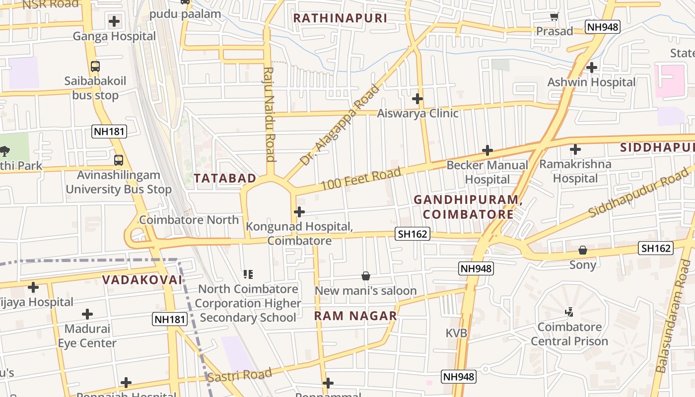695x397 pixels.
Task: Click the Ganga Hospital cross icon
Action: click(x=114, y=21)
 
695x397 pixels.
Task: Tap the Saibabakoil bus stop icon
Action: click(x=95, y=66)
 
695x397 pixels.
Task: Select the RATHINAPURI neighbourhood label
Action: click(x=340, y=18)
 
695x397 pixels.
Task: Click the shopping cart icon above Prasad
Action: click(x=555, y=17)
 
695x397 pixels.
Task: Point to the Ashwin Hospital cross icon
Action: click(x=591, y=67)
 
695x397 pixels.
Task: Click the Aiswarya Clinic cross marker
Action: click(x=417, y=99)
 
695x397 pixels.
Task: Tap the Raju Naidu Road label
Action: click(x=270, y=114)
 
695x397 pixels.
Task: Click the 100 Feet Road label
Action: click(x=360, y=179)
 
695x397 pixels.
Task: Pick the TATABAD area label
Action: click(x=225, y=178)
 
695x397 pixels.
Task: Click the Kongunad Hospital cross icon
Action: click(x=299, y=212)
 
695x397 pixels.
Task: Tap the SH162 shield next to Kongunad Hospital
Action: click(x=412, y=234)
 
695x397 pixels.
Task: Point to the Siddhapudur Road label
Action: click(x=640, y=191)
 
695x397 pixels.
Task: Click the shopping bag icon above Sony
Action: click(x=583, y=250)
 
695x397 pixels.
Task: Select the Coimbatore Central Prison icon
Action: click(x=569, y=312)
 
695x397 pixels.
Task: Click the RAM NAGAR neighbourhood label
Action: click(x=355, y=316)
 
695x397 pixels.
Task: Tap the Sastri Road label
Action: click(x=240, y=376)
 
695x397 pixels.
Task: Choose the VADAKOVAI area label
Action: click(x=142, y=279)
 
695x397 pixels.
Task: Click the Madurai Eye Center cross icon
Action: click(x=87, y=314)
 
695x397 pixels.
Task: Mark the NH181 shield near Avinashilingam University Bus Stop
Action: click(x=109, y=132)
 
